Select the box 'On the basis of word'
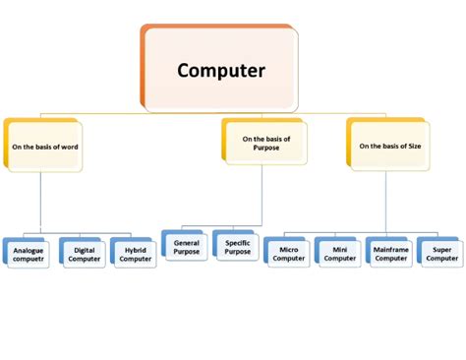tap(43, 146)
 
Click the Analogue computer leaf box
tap(29, 255)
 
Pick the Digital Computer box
tap(84, 255)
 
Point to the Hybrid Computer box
tap(135, 255)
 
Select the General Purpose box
tap(186, 247)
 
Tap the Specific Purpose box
tap(236, 247)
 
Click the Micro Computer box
tap(288, 254)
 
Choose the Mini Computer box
tap(339, 254)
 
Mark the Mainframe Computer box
tap(389, 254)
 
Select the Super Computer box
tap(439, 254)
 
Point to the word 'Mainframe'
tap(389, 250)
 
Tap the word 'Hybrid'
tap(136, 251)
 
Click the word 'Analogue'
tap(29, 251)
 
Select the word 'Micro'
tap(289, 250)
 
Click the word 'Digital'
tap(85, 251)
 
